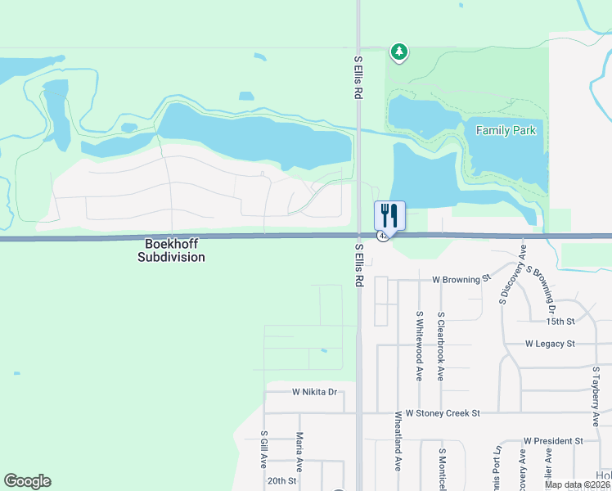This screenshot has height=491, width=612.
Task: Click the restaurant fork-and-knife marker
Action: tap(389, 216)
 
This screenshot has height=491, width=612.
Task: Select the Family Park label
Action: tap(506, 131)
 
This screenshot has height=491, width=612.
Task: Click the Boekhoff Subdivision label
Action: tap(175, 250)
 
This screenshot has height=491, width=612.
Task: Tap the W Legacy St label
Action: tap(550, 344)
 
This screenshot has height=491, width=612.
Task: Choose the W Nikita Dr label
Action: tap(314, 392)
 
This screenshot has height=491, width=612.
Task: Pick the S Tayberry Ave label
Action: tap(596, 396)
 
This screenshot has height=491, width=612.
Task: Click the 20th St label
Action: tap(281, 481)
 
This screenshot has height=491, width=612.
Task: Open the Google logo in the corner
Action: tap(27, 481)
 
